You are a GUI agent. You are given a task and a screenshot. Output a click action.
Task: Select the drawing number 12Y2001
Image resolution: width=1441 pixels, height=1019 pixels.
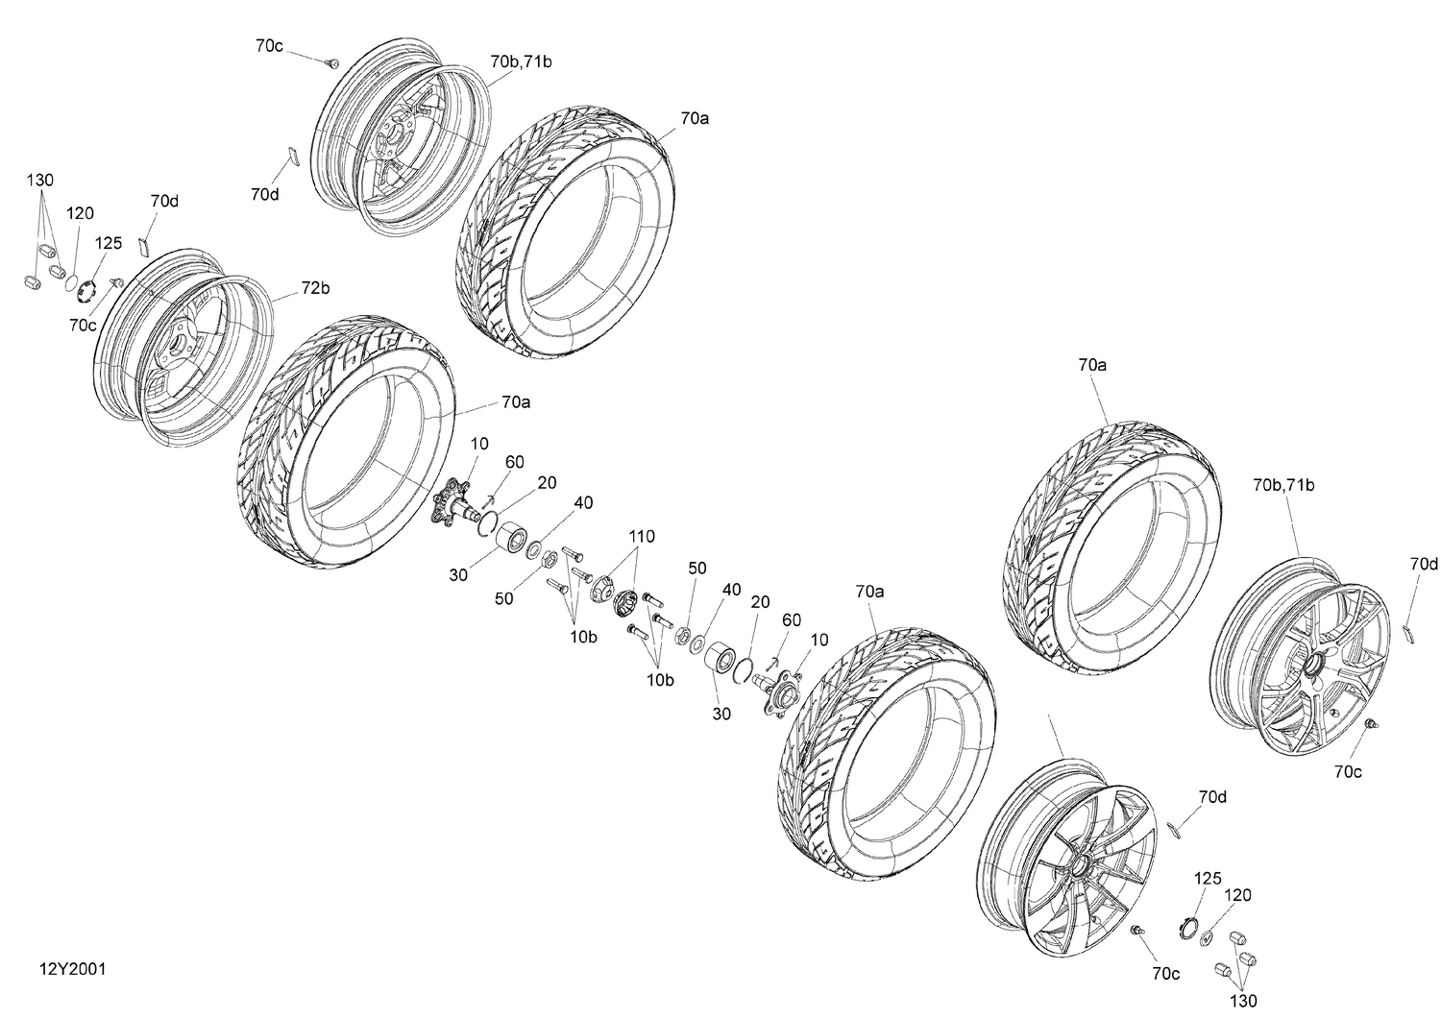click(73, 969)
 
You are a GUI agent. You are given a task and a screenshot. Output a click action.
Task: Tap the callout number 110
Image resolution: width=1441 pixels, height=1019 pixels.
click(642, 536)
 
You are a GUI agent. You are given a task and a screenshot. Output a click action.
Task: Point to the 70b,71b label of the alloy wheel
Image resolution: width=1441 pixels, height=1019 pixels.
click(1283, 485)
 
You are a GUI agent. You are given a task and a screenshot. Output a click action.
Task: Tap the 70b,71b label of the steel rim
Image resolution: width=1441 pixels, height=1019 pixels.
click(521, 61)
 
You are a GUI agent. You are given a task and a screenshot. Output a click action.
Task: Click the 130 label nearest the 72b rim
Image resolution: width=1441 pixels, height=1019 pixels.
click(40, 181)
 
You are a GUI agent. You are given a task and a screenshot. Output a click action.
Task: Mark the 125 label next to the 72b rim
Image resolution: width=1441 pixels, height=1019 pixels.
click(108, 244)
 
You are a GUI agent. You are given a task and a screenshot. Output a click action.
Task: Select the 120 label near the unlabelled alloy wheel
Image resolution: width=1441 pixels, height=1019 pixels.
click(1237, 895)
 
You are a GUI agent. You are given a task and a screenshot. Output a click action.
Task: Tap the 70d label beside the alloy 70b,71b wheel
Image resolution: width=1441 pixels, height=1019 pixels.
click(1424, 563)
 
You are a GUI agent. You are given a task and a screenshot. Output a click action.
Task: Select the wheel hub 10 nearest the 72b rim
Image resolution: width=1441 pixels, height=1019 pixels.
click(452, 500)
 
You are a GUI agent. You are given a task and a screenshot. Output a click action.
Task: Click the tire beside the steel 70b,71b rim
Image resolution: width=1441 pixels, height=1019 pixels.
click(567, 225)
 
